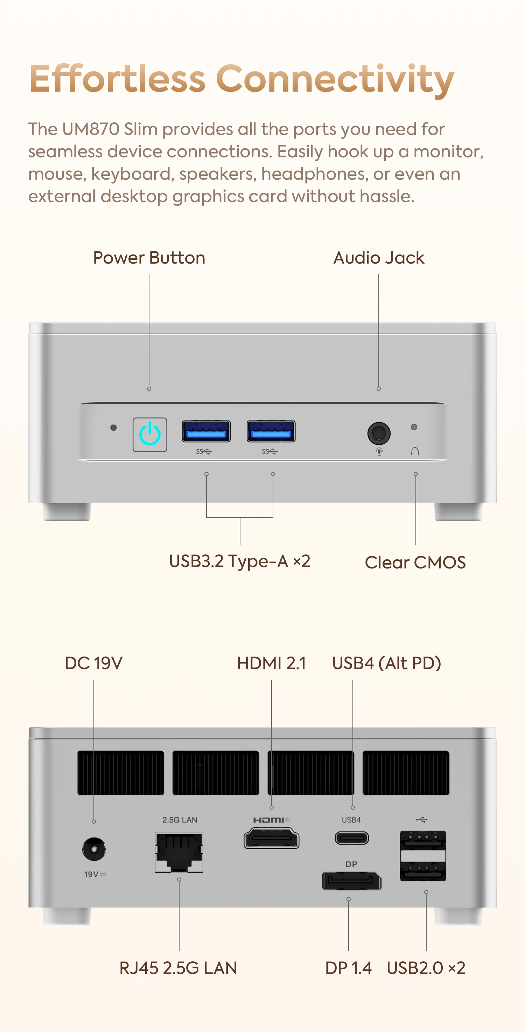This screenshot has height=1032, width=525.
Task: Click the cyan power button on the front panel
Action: pos(149,435)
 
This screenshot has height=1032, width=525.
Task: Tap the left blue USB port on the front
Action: pos(206,431)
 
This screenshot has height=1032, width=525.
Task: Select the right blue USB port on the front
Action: pos(271,431)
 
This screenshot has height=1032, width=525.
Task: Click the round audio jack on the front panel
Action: pos(379,433)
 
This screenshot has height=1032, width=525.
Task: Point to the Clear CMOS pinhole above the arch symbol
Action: pos(414,427)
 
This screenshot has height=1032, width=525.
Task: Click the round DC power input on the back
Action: pos(94,848)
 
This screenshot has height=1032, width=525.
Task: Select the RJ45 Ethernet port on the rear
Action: pos(179,852)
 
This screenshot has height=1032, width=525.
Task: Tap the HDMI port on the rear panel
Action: pos(272,838)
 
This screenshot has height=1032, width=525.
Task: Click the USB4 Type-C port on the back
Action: pos(352,838)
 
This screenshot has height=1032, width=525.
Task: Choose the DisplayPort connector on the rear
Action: pos(352,881)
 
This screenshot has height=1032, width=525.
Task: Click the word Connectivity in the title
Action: pos(335,79)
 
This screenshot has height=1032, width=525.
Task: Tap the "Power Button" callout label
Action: pos(149,258)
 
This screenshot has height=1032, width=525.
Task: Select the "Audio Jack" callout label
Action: pos(379,258)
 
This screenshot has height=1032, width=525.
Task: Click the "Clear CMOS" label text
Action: pos(415,562)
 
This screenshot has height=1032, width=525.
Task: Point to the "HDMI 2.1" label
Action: pos(271,663)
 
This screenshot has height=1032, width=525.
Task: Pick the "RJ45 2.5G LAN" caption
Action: pos(178,968)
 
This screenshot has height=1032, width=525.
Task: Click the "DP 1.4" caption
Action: pos(348,968)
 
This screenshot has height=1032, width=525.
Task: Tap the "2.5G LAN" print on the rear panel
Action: pos(180,820)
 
